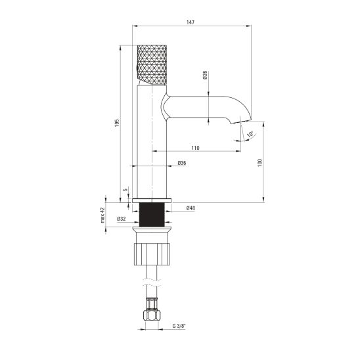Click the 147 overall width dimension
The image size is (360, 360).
pos(191,22)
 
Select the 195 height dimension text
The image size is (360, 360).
pos(117,123)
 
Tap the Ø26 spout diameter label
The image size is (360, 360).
pos(205,75)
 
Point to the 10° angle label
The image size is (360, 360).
pos(250,134)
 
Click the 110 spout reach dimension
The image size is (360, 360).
pos(195,148)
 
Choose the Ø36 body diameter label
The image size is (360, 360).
pos(182,163)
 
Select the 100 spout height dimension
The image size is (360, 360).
pos(259,162)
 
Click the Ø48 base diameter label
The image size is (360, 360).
pos(191,208)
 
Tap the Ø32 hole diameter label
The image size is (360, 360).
pos(122,219)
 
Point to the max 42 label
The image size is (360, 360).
pos(102,215)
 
